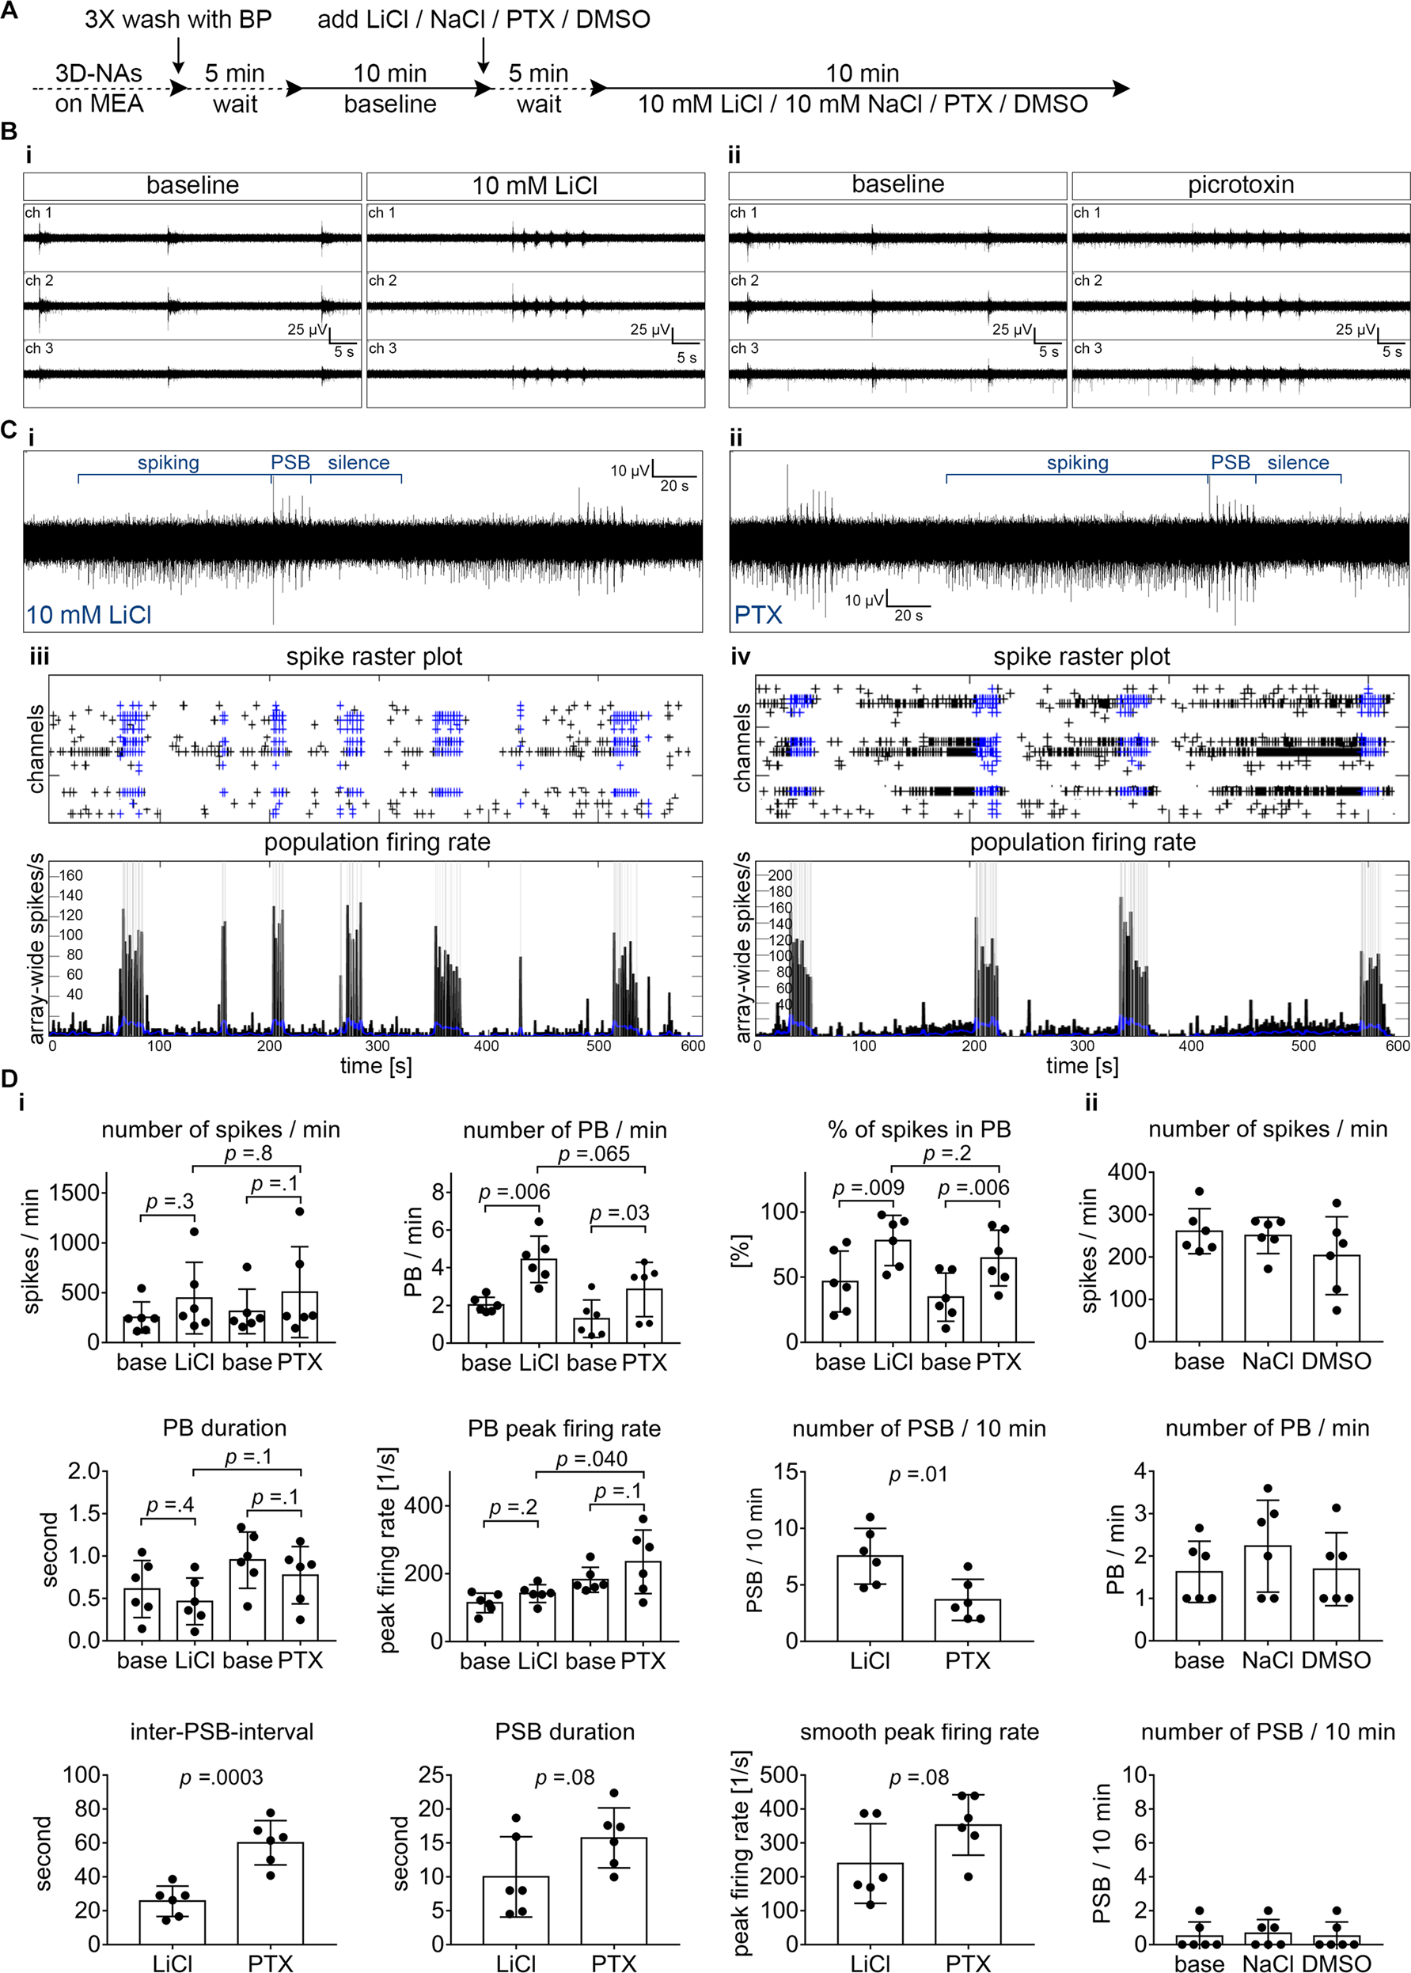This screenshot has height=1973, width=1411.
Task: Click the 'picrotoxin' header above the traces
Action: (1240, 185)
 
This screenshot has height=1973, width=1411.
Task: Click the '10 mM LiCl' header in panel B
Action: (534, 186)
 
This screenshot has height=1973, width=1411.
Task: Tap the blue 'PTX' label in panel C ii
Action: (757, 614)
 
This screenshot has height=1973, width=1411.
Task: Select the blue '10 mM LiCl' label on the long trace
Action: (89, 614)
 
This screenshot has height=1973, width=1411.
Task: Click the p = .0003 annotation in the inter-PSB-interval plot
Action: (221, 1778)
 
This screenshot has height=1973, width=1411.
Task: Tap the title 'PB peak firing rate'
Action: (564, 1429)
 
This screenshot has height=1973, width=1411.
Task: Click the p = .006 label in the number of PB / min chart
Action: (514, 1192)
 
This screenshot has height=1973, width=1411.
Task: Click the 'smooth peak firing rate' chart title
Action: (920, 1732)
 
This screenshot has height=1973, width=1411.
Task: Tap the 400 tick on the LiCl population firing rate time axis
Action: (486, 1045)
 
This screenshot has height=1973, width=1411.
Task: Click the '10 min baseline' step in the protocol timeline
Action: (390, 89)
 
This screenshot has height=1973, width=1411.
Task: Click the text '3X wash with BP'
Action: (177, 19)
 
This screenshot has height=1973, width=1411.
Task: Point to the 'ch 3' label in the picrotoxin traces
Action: (1088, 348)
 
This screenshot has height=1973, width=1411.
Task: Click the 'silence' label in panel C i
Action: (358, 462)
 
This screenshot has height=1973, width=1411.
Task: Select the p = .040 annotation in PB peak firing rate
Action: (591, 1459)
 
